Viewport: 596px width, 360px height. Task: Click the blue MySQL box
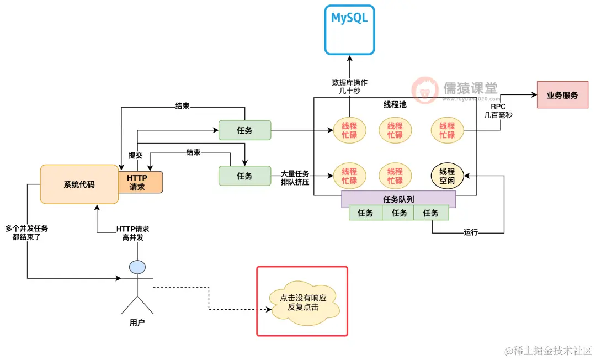click(349, 29)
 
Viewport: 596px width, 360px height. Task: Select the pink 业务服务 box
click(562, 95)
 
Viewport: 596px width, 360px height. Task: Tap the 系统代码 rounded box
click(79, 184)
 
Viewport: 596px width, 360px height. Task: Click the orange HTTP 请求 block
click(140, 182)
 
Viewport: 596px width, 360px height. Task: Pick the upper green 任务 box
click(244, 130)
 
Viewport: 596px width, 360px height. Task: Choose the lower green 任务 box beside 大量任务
click(244, 176)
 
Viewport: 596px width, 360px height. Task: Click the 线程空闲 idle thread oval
click(447, 176)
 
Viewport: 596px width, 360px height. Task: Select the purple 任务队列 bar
click(398, 199)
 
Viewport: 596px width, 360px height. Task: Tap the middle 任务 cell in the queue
click(398, 213)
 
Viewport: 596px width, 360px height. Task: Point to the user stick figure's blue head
click(137, 267)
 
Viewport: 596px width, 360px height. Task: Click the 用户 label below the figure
click(137, 322)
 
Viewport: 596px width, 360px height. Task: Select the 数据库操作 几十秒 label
click(349, 87)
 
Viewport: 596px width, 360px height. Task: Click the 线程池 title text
click(395, 104)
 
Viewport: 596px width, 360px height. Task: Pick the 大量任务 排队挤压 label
click(295, 177)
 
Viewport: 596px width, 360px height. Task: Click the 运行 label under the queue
click(471, 232)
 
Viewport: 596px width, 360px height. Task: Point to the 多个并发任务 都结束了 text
click(26, 232)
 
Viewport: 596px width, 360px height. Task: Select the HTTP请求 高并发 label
click(132, 232)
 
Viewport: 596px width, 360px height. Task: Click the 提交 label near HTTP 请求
click(135, 155)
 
